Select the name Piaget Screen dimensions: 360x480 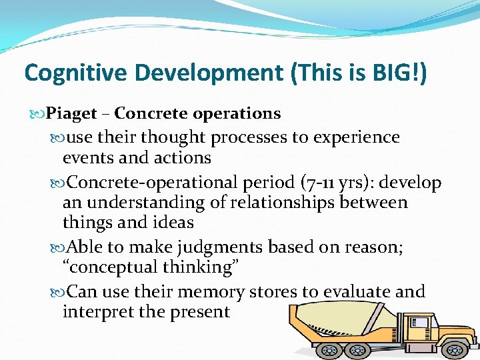pyautogui.click(x=72, y=114)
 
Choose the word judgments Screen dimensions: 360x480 pyautogui.click(x=219, y=247)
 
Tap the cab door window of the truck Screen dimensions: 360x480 pyautogui.click(x=420, y=323)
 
